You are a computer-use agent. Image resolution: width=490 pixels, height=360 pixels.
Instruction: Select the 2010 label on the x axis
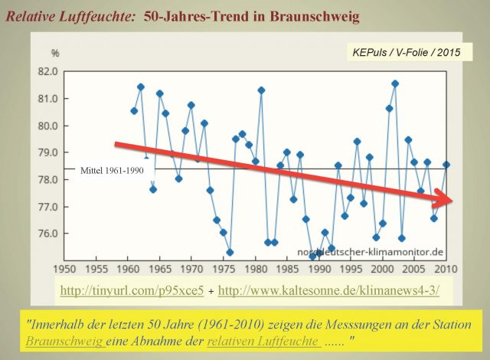click(447, 269)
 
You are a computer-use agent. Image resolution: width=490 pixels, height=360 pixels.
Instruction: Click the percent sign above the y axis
click(54, 53)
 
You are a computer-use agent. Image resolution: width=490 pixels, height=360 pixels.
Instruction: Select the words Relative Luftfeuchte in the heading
click(69, 15)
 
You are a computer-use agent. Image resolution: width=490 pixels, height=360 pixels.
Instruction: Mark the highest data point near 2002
click(395, 83)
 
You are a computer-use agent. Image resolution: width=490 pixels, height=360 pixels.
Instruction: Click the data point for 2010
click(446, 165)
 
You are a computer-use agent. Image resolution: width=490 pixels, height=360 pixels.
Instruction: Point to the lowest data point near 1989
click(312, 256)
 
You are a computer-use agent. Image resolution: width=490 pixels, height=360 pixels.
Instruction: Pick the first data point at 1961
click(134, 111)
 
